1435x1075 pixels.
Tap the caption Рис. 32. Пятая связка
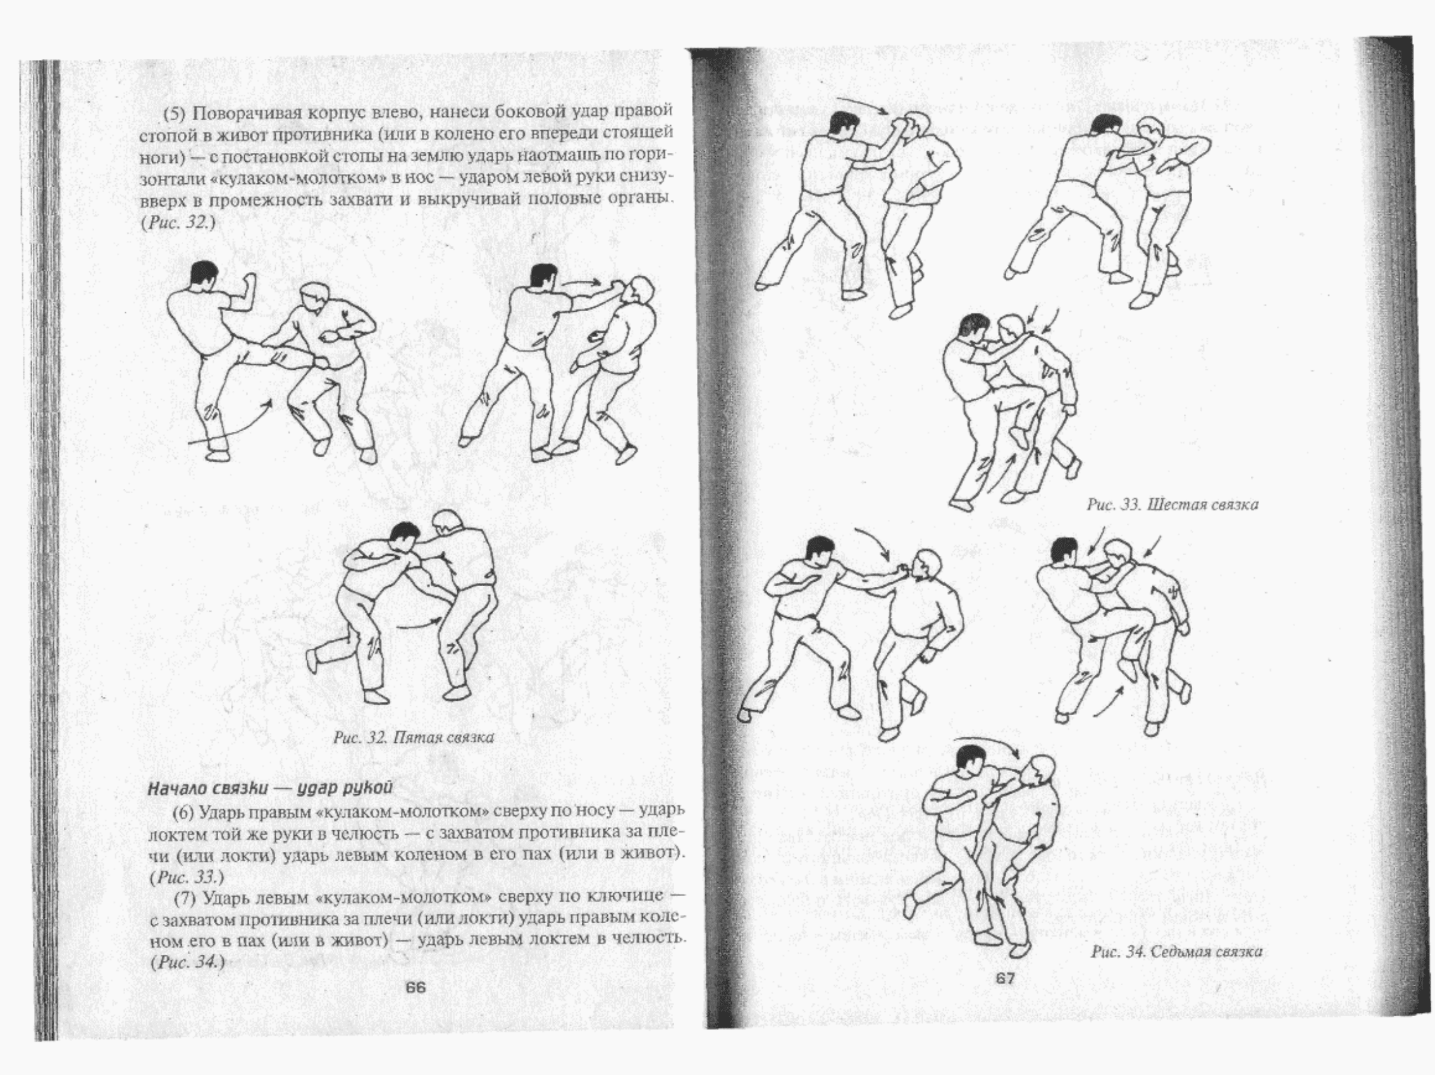coord(414,738)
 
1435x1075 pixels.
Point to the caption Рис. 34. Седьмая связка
coord(1177,952)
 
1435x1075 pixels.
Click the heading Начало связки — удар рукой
coord(271,789)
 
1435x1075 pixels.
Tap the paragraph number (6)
coord(185,811)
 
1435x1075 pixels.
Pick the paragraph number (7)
coord(187,897)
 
